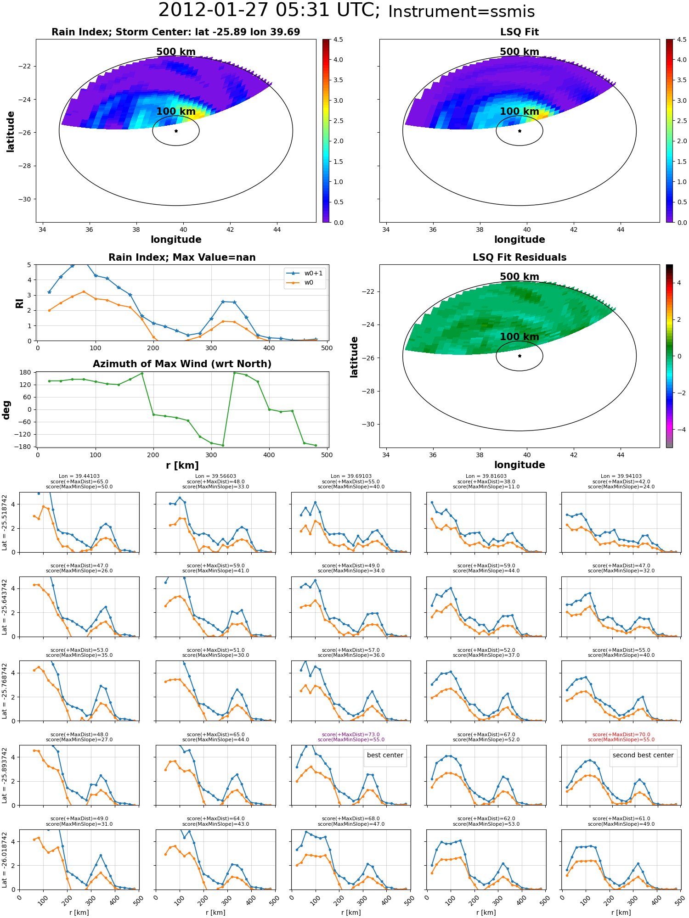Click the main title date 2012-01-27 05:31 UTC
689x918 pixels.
pos(269,10)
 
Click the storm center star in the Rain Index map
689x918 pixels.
pos(176,131)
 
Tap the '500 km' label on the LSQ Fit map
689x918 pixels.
pos(520,52)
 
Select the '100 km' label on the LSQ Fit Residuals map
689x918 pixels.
pos(520,337)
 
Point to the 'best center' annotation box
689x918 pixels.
pos(385,755)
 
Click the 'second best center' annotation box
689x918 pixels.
pos(643,755)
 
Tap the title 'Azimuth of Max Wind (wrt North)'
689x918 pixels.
pos(182,364)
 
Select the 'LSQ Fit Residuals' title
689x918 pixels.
pos(520,257)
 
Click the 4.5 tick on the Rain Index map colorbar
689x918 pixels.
pos(338,40)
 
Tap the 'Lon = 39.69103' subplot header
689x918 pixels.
pos(351,476)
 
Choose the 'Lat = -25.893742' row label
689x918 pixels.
pos(5,775)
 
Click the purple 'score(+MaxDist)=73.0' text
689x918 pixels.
pos(351,734)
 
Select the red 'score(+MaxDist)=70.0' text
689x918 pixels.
pos(621,734)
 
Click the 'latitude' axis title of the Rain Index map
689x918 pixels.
pos(10,131)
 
